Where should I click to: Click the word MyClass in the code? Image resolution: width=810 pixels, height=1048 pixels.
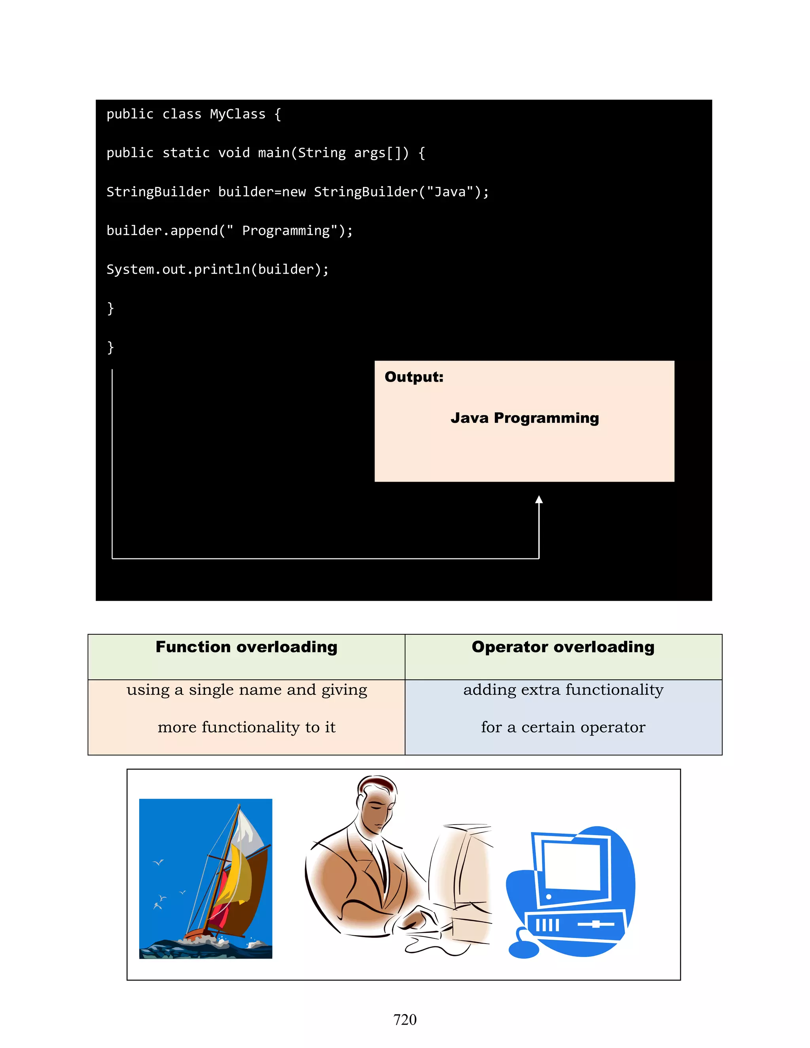(238, 114)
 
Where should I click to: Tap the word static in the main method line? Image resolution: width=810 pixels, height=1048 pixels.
(186, 153)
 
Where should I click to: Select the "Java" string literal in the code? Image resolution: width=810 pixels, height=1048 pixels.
(450, 192)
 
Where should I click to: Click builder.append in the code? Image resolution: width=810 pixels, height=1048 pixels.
(162, 231)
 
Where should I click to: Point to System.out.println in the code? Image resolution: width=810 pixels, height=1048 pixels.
(178, 270)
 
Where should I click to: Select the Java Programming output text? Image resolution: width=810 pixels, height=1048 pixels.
(524, 418)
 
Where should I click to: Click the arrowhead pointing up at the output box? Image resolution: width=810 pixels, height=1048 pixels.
(539, 500)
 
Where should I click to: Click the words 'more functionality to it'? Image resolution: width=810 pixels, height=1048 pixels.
(246, 727)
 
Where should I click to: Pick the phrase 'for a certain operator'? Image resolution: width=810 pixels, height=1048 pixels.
(563, 727)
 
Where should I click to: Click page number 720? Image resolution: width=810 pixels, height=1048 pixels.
(405, 1019)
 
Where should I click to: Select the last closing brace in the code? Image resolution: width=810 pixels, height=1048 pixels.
(110, 347)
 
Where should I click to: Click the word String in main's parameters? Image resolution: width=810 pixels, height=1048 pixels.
(322, 153)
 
